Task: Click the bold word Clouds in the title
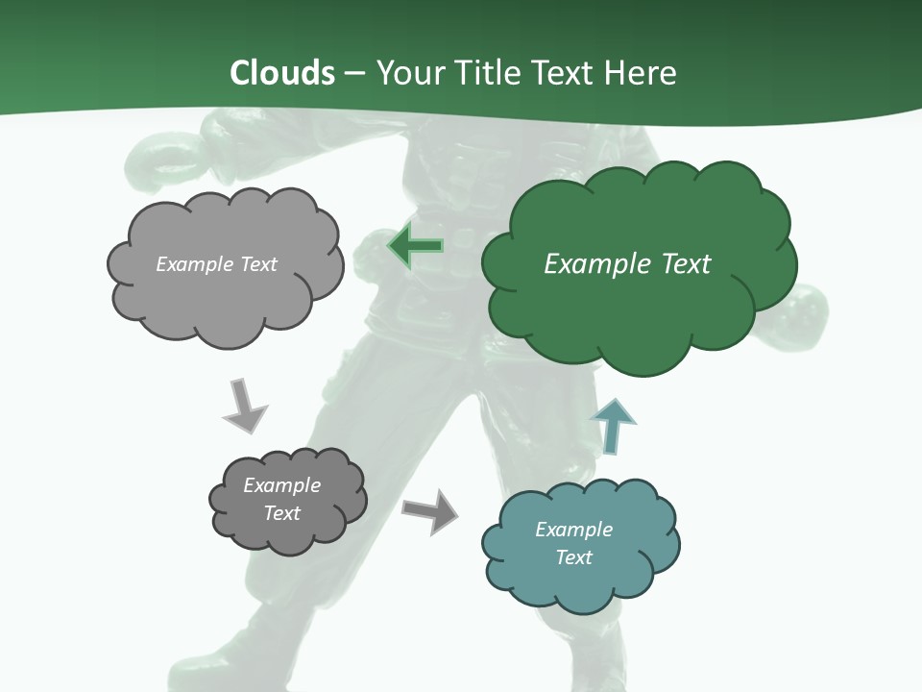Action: point(282,72)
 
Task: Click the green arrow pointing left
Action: point(415,246)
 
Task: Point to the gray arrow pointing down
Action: point(244,407)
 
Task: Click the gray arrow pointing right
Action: point(430,510)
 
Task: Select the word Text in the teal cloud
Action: point(573,557)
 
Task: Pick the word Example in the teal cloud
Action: point(573,530)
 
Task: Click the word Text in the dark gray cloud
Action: point(281,513)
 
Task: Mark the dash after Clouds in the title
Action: point(353,73)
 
